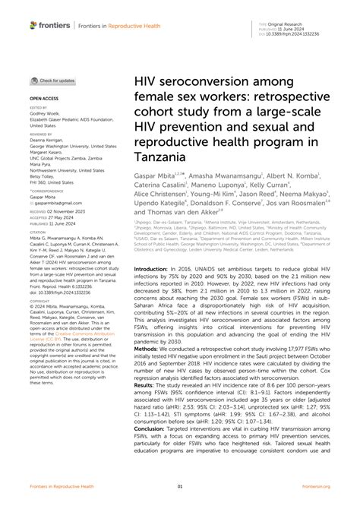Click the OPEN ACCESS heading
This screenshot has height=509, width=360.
point(44,98)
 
